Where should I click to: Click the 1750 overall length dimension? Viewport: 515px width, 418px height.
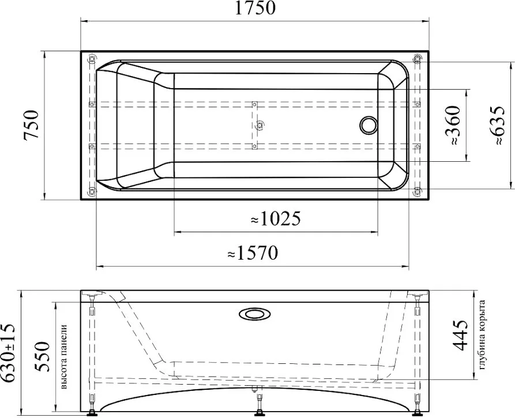[x=255, y=8]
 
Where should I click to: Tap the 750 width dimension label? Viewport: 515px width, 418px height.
[x=32, y=124]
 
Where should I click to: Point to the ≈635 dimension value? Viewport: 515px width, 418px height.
[x=495, y=126]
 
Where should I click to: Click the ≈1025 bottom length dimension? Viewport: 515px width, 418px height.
[x=276, y=219]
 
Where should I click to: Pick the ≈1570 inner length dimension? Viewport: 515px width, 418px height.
[x=253, y=253]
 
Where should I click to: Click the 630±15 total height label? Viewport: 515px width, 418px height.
[x=7, y=353]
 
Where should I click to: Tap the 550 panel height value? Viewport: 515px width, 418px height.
[x=42, y=356]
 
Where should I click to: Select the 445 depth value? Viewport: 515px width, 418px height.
[x=460, y=335]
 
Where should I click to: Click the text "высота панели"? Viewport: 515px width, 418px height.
[x=64, y=357]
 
